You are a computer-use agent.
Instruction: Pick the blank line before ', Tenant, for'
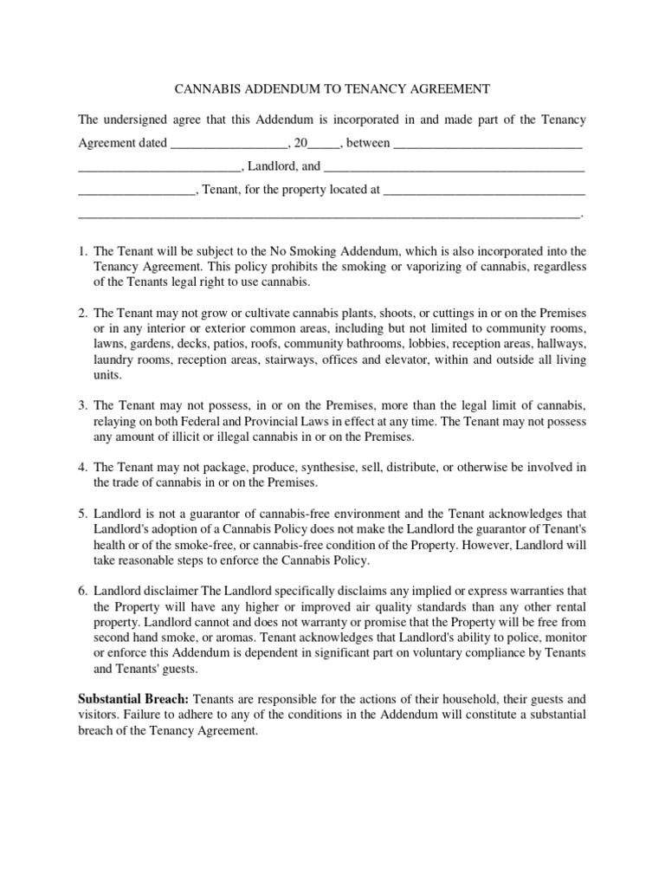click(x=138, y=190)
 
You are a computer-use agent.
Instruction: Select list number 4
click(x=83, y=467)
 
